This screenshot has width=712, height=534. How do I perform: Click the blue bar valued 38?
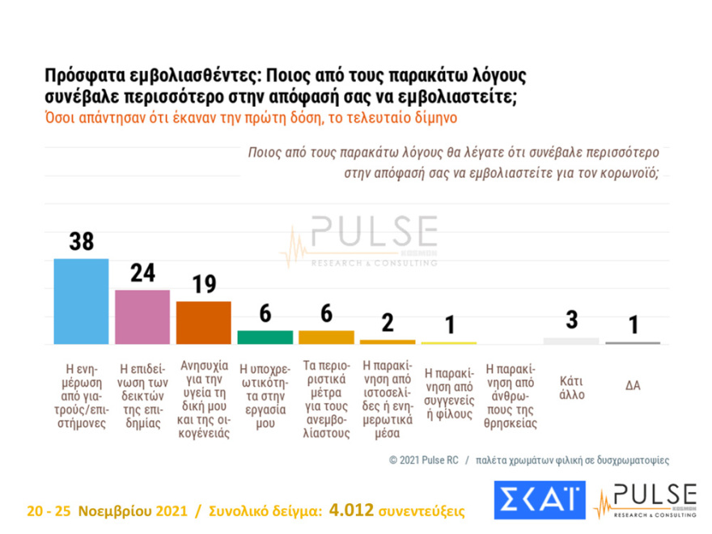[x=80, y=301]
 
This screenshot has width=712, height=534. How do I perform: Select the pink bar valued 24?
[x=142, y=316]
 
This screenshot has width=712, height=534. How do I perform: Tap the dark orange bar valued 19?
[x=203, y=322]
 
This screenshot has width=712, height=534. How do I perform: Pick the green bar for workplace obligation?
[x=265, y=337]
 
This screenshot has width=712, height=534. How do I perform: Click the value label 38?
[x=80, y=242]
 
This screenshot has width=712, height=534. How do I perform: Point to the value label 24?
[x=142, y=273]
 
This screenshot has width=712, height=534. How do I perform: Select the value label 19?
[x=203, y=285]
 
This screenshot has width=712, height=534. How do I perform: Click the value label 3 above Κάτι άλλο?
[x=571, y=320]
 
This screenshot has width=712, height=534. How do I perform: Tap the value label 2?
[x=388, y=323]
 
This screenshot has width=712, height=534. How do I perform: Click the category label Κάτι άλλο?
[x=571, y=388]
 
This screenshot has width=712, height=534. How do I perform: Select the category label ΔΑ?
[x=633, y=386]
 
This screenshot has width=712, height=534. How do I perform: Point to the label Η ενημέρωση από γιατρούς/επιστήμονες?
[x=80, y=397]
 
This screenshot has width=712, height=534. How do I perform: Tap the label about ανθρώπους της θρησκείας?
[x=511, y=397]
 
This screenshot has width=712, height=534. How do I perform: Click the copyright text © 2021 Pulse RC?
[x=423, y=460]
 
